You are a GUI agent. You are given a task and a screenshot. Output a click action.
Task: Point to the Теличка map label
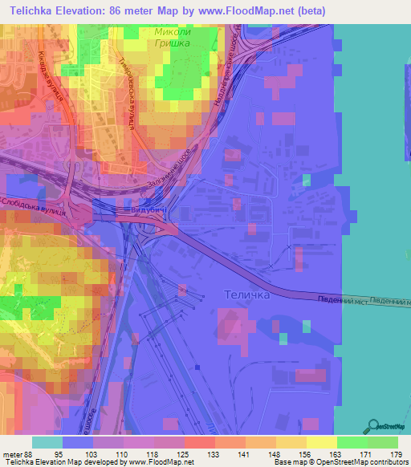(243, 295)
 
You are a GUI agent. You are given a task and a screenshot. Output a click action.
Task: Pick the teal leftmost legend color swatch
(47, 442)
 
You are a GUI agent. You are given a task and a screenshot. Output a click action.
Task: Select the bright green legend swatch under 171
(352, 442)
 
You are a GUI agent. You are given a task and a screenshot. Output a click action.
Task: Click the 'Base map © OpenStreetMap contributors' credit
(338, 461)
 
